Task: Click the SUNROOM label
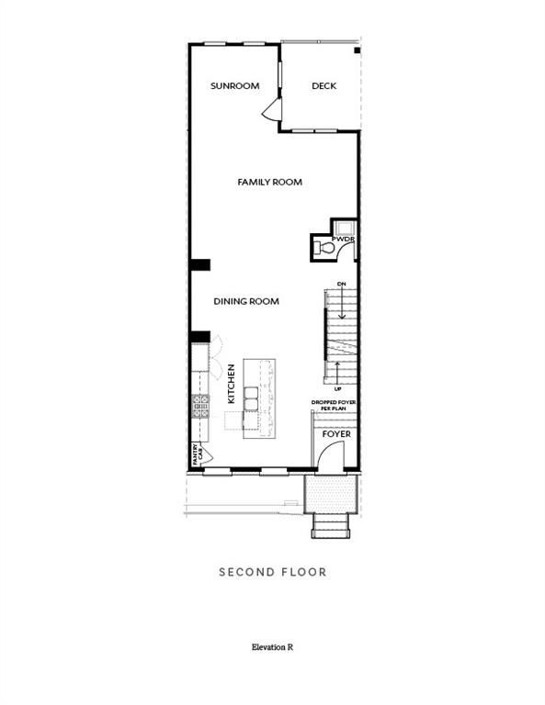tap(234, 86)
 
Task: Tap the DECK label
tap(324, 86)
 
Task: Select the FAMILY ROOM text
tap(269, 183)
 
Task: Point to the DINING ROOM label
tap(246, 301)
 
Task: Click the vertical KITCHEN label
tap(232, 385)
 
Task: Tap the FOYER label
tap(335, 433)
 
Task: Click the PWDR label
tap(345, 240)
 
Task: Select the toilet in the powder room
tap(324, 247)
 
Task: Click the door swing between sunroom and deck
tap(271, 111)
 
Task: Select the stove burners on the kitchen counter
tap(200, 406)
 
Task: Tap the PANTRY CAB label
tap(196, 453)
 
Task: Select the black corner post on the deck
tap(357, 49)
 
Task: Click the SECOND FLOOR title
tap(272, 572)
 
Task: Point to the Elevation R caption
tap(272, 647)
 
